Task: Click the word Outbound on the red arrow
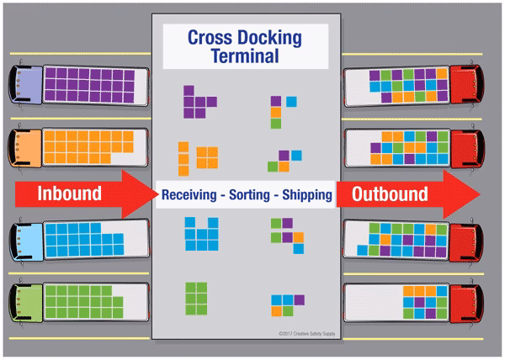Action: (x=390, y=194)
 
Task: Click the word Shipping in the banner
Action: (x=306, y=194)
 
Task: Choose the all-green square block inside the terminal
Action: (x=196, y=296)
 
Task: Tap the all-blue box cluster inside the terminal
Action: (x=199, y=234)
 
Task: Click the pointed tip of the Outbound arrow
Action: (x=478, y=194)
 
